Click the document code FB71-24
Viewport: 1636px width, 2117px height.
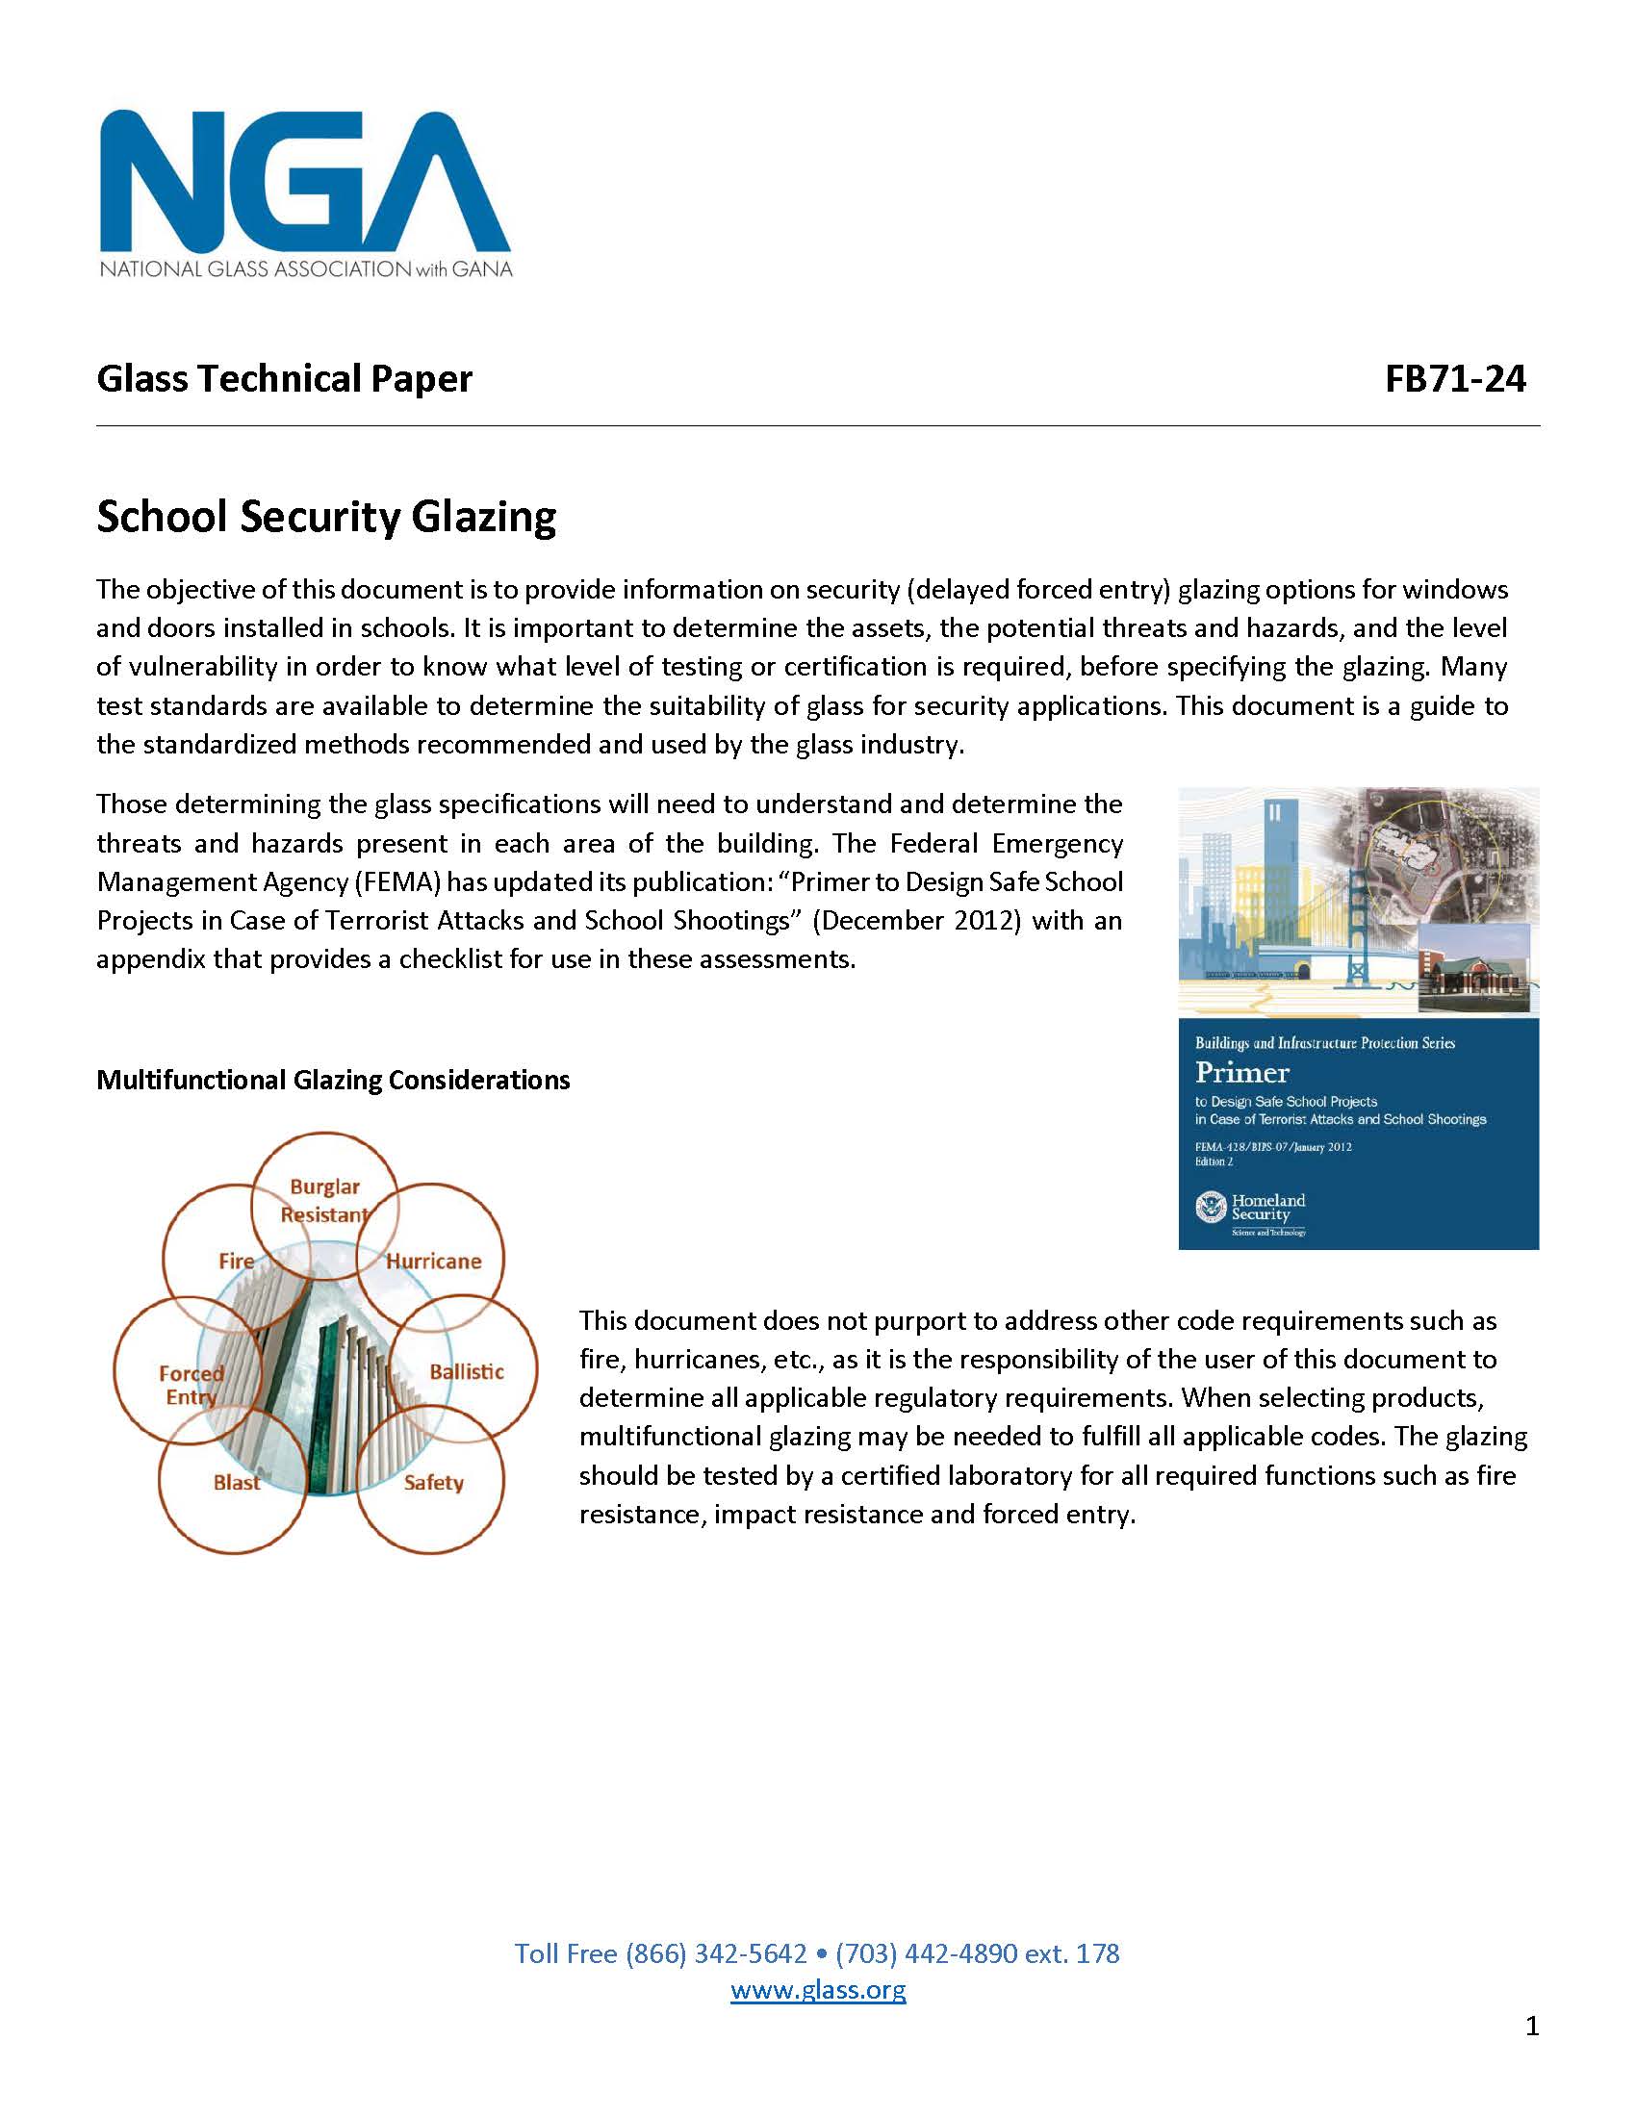(x=1455, y=378)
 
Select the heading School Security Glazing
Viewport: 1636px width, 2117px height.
(x=325, y=516)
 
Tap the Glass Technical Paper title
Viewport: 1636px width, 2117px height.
(x=284, y=378)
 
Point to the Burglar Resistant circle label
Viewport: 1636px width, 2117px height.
(x=324, y=1200)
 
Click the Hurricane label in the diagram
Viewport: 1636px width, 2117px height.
(x=433, y=1262)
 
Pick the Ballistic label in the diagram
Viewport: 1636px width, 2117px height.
(x=466, y=1371)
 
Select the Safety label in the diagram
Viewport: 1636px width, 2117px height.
(x=433, y=1482)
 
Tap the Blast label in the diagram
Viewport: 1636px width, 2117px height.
(x=237, y=1482)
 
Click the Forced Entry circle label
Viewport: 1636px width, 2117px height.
(x=191, y=1384)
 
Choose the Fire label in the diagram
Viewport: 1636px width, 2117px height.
(x=237, y=1262)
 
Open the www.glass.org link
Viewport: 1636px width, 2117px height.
(x=818, y=1990)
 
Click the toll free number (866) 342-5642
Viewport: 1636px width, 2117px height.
(x=715, y=1953)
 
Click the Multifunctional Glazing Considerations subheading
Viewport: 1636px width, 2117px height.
(x=332, y=1080)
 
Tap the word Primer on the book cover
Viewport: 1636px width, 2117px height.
(x=1241, y=1073)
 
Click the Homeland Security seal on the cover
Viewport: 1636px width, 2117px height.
(x=1211, y=1208)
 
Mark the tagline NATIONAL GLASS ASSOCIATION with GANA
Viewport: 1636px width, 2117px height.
(x=305, y=268)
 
